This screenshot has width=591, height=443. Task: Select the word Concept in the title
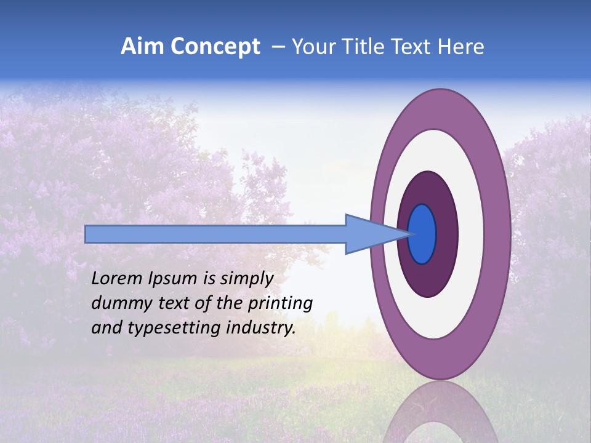tap(215, 47)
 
